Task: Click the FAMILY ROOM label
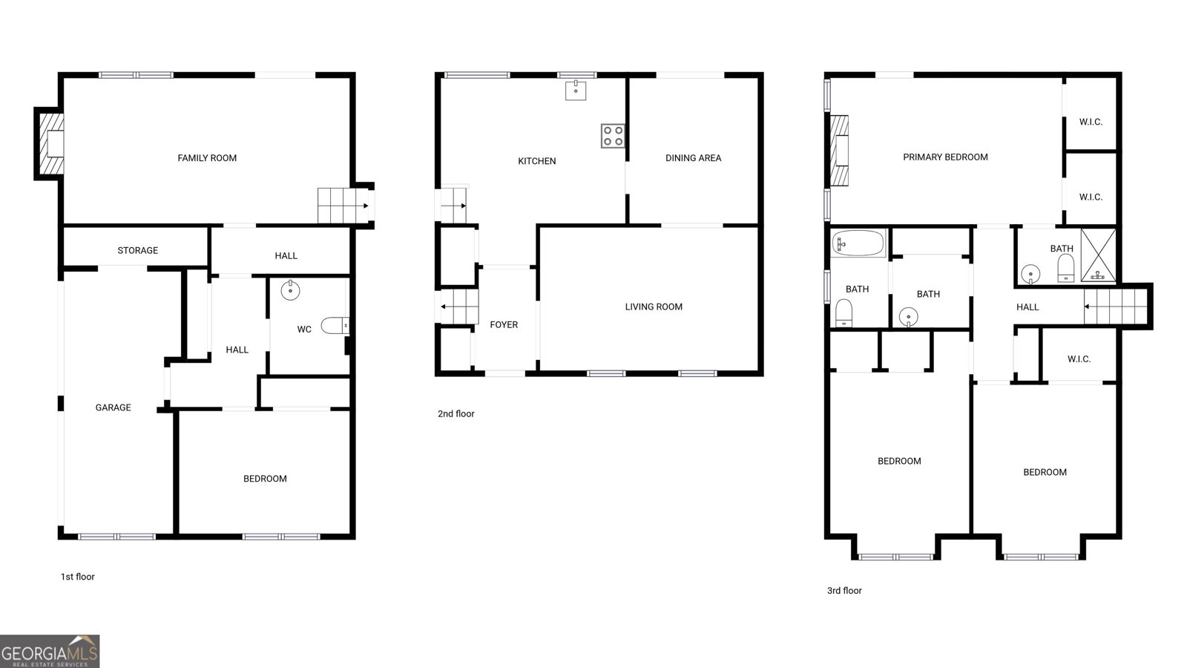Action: (x=207, y=158)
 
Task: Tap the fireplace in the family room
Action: (x=50, y=143)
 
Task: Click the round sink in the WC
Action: (x=290, y=289)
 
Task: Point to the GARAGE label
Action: (x=113, y=407)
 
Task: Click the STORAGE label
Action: (x=138, y=251)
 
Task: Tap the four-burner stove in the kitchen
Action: (x=613, y=136)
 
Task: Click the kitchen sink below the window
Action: (x=576, y=91)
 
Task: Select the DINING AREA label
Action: (x=693, y=158)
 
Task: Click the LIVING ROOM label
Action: (x=654, y=307)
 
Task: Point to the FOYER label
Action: (x=504, y=324)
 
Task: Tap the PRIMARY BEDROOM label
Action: (x=945, y=157)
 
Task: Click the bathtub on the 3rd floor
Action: (x=858, y=243)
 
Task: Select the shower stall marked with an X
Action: (x=1098, y=255)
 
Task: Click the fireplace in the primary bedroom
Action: (x=839, y=151)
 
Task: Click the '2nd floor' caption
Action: (x=456, y=414)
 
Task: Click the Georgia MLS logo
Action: (x=50, y=651)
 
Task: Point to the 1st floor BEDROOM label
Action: (x=265, y=479)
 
